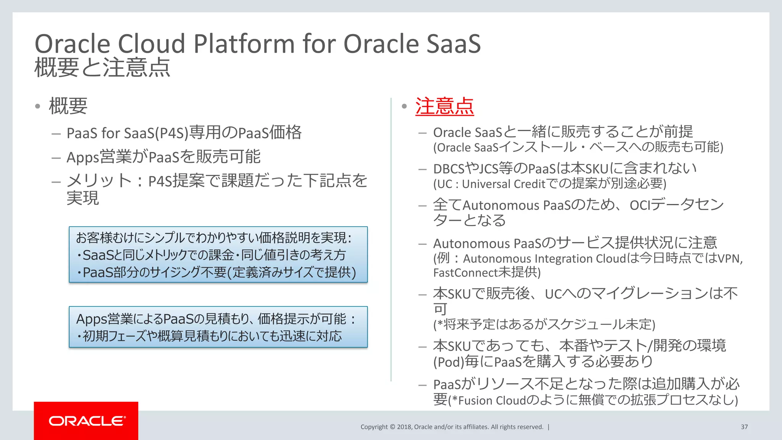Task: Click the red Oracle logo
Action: (x=86, y=421)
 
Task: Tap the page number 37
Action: (x=744, y=427)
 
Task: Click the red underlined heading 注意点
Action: (x=444, y=106)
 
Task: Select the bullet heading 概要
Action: (x=68, y=106)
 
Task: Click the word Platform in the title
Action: (x=244, y=44)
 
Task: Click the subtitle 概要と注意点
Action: (x=102, y=68)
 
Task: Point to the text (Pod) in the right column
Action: (x=448, y=362)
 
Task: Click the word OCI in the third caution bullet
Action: (x=640, y=205)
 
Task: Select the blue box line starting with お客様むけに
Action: (x=214, y=238)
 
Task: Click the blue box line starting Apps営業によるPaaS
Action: (x=216, y=319)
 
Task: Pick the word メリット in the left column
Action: (x=99, y=181)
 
